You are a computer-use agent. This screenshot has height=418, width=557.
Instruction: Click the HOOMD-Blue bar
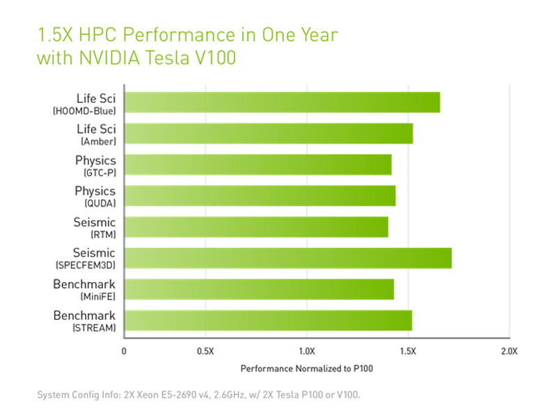point(282,102)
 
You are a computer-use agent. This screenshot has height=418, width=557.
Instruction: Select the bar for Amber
point(268,133)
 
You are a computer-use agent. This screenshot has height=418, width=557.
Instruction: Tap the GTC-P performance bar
point(258,164)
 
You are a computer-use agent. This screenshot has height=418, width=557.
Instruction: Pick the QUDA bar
point(260,196)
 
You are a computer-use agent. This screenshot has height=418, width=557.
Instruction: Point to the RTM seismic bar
point(256,227)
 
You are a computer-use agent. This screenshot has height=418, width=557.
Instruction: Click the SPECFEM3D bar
point(288,258)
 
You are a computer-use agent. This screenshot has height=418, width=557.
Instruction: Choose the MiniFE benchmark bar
point(259,289)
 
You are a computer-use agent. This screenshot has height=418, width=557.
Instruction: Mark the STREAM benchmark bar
point(268,320)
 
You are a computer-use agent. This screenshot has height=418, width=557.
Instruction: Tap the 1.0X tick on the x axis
point(307,350)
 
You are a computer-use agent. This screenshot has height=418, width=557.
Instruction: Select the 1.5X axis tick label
point(408,350)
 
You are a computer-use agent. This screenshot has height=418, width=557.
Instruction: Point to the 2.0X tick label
point(509,350)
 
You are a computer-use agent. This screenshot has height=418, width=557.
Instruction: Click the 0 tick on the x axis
point(124,350)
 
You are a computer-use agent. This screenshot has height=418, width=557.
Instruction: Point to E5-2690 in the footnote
point(166,395)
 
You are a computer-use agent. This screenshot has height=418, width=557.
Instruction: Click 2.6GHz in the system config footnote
point(217,395)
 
